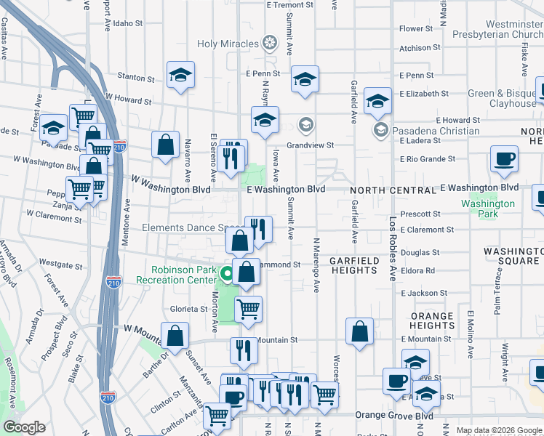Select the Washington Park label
[x=487, y=204]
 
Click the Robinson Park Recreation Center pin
[x=227, y=275]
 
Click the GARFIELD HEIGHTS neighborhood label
[x=353, y=265]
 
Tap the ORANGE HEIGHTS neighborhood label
[x=432, y=321]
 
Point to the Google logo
[x=25, y=427]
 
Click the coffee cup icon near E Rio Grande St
[x=504, y=159]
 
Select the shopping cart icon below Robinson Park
[x=249, y=308]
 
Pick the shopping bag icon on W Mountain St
[x=175, y=335]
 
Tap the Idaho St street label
[x=128, y=23]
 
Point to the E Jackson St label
[x=423, y=293]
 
